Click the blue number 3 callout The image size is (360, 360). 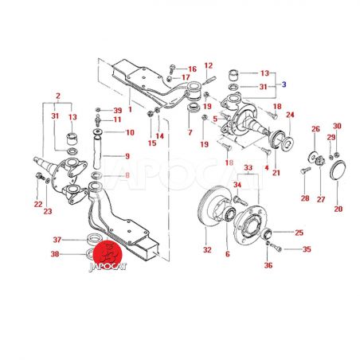pos(284,84)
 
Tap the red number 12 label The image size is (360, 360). pos(209,65)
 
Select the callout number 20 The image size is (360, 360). pos(338,209)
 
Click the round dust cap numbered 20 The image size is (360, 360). pos(338,170)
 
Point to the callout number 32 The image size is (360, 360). pos(207,250)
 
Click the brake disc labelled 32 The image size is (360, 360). pos(213,206)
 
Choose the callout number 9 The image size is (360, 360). pos(127,156)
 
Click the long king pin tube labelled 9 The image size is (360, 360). pos(97,149)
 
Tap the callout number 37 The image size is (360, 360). pos(57,240)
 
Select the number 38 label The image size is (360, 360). pos(55,254)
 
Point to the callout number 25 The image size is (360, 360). pos(299,233)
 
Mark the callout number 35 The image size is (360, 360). pos(307,249)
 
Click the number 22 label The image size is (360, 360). pos(38,204)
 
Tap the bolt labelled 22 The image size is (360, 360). pos(39,176)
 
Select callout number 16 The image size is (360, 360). pos(192,69)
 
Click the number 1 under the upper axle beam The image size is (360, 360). pos(130,109)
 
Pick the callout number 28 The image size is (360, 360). pos(305,198)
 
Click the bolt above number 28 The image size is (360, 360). pos(306,170)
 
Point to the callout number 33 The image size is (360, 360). pos(248,168)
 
